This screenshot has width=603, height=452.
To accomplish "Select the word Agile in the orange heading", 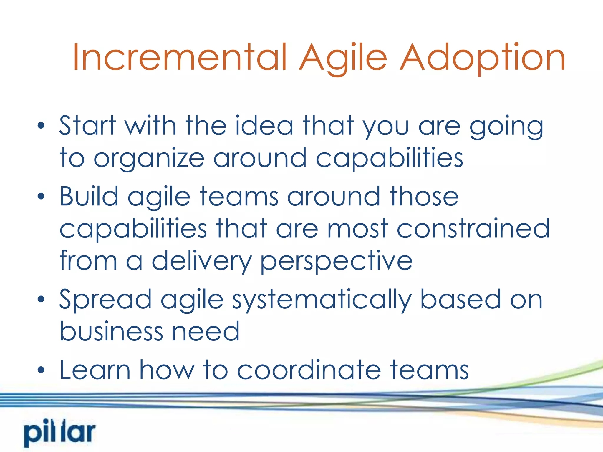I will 343,58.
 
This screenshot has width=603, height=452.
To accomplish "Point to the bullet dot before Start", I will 41,126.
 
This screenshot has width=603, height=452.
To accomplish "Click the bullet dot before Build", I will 41,197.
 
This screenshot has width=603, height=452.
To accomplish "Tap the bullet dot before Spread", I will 41,300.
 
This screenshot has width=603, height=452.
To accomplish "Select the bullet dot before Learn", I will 41,370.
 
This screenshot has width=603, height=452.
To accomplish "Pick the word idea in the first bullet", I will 264,126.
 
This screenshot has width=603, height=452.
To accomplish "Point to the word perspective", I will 336,261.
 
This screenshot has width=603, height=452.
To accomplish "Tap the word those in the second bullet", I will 424,197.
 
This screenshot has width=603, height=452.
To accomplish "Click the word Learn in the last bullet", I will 95,370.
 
